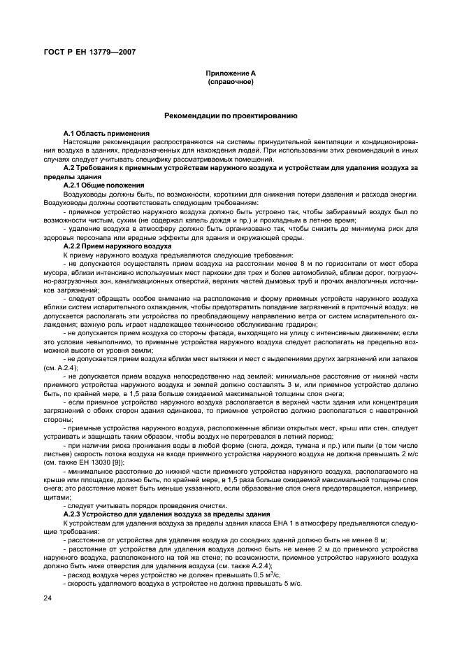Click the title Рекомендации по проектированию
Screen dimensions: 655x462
pyautogui.click(x=231, y=115)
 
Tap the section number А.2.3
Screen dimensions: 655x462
pyautogui.click(x=75, y=514)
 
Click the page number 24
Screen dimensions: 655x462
pyautogui.click(x=48, y=597)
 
